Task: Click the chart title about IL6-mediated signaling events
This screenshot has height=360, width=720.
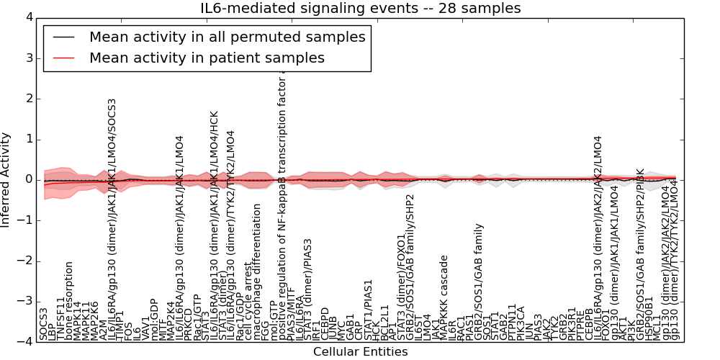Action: [x=360, y=8]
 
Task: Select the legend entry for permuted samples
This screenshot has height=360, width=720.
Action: [x=227, y=37]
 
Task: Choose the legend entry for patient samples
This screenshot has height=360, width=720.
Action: [x=207, y=58]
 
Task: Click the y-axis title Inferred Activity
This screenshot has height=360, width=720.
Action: [x=6, y=179]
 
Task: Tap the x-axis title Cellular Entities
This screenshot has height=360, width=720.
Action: [x=360, y=352]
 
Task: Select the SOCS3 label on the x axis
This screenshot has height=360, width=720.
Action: [x=44, y=324]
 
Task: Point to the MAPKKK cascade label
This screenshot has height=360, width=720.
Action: [x=444, y=298]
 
